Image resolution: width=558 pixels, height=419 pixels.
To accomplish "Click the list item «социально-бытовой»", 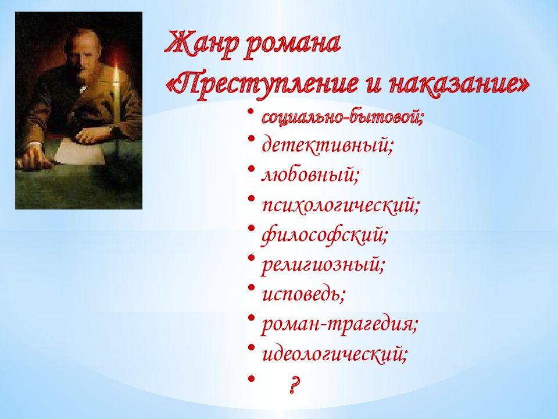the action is [x=343, y=117].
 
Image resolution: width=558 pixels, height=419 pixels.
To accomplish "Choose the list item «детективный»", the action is [x=327, y=145].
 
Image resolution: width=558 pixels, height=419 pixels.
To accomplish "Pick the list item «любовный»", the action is [x=310, y=174].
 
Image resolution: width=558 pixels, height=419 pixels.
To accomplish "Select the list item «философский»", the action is [x=324, y=235].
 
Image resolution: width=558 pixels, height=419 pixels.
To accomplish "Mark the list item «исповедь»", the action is [x=303, y=294].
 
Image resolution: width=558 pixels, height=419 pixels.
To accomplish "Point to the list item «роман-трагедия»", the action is [x=339, y=324].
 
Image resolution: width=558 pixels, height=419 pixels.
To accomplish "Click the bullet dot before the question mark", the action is [x=251, y=378].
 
